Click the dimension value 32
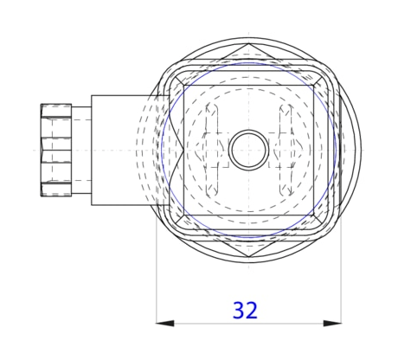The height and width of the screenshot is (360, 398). (x=246, y=309)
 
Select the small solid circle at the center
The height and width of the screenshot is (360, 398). (x=248, y=150)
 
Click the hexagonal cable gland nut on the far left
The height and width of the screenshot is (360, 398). (x=56, y=150)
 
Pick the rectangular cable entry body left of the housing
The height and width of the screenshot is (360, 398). (x=121, y=150)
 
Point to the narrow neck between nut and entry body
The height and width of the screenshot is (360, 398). (x=81, y=150)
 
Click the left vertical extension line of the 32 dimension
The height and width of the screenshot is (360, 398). (x=156, y=277)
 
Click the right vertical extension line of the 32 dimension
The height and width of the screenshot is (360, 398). (x=342, y=277)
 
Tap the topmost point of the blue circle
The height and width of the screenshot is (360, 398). (x=248, y=62)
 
